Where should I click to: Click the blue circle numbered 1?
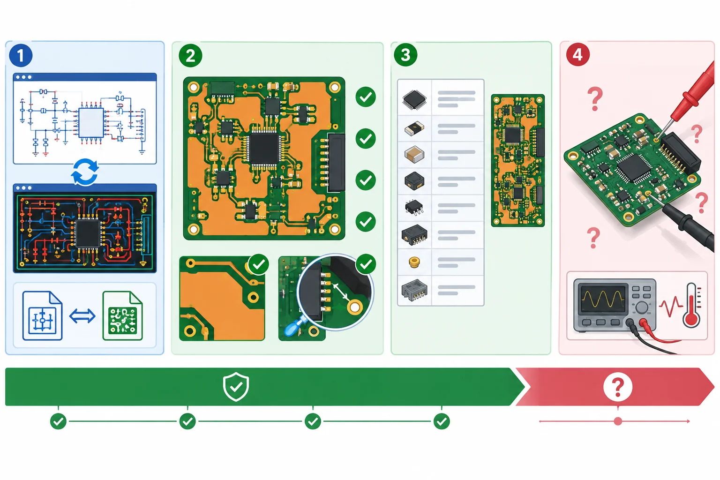click(x=21, y=55)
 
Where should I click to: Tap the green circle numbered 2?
click(x=190, y=55)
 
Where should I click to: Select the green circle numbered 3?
click(x=405, y=55)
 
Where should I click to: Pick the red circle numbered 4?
click(x=577, y=54)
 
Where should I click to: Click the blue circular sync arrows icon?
click(x=85, y=172)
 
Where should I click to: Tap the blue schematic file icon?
click(x=42, y=315)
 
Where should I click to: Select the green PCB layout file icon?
click(x=122, y=315)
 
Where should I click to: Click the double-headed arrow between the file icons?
click(x=82, y=316)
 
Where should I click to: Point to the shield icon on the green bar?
click(x=236, y=387)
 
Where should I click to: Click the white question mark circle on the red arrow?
click(x=618, y=387)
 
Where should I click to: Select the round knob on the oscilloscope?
click(x=642, y=307)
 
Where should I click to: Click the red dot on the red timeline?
click(x=618, y=421)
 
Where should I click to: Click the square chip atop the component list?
click(x=414, y=99)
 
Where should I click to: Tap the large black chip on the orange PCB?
click(x=264, y=149)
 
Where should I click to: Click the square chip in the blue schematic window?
click(x=91, y=123)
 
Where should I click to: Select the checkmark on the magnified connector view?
click(x=366, y=264)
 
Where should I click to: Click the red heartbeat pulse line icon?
click(x=670, y=306)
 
